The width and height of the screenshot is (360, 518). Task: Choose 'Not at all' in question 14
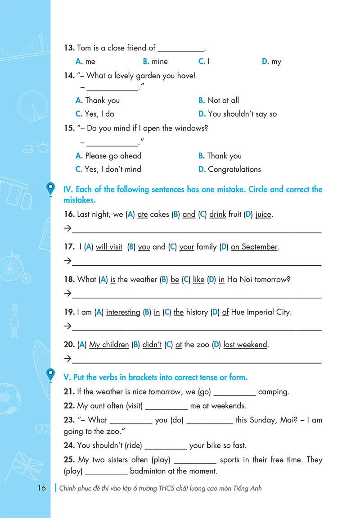click(x=223, y=100)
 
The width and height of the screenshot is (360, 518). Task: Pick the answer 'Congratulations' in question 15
click(x=234, y=169)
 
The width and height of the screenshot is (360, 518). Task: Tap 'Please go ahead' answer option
click(x=113, y=156)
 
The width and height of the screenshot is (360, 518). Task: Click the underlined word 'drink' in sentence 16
click(x=217, y=215)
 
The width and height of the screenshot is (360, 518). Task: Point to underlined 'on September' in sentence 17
click(x=254, y=247)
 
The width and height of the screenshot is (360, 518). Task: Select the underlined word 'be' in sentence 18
click(x=175, y=280)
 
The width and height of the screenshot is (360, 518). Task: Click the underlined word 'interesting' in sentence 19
click(x=123, y=312)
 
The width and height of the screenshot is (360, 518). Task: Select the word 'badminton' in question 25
click(x=148, y=472)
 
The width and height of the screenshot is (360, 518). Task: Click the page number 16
click(x=41, y=488)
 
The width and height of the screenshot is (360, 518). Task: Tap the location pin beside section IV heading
click(x=50, y=189)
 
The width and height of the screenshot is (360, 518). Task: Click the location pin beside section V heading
click(x=50, y=375)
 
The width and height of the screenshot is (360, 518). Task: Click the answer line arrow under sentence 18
click(x=67, y=294)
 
